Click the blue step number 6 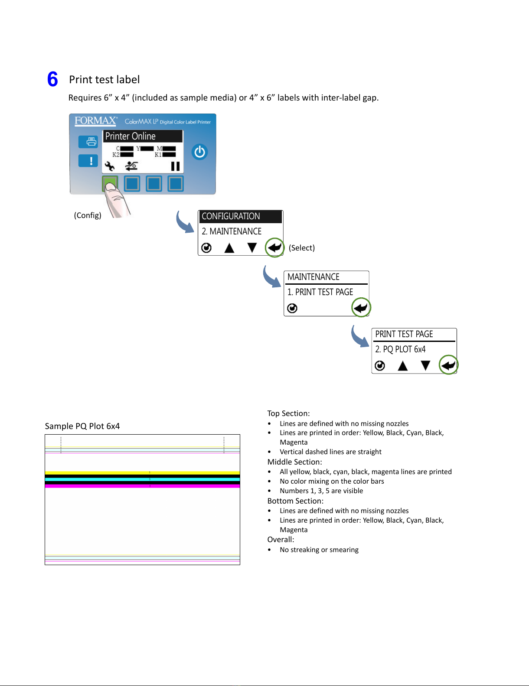(52, 79)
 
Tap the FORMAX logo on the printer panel (95, 121)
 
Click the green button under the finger (110, 183)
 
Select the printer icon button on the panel (88, 142)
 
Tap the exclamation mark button (88, 161)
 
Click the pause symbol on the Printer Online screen (175, 166)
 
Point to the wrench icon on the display (110, 166)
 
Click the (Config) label (88, 215)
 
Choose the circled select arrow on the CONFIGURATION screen (274, 247)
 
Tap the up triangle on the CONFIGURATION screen (229, 248)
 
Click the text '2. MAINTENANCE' (232, 231)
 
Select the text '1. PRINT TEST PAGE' (320, 292)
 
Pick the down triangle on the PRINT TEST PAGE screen (425, 366)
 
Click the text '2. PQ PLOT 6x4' (400, 349)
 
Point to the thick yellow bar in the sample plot (142, 473)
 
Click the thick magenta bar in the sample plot (142, 486)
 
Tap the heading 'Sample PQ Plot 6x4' (82, 426)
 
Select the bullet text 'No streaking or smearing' (319, 549)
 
